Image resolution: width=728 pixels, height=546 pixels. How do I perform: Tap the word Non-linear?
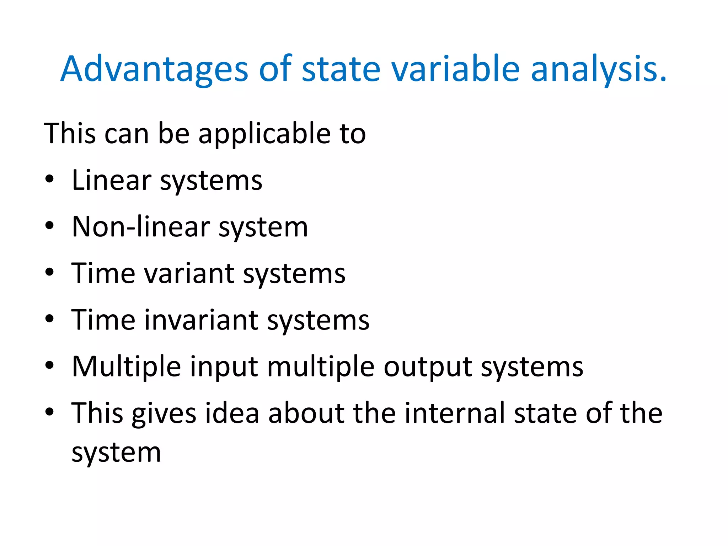141,227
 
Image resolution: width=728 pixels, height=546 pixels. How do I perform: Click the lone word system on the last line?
116,453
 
